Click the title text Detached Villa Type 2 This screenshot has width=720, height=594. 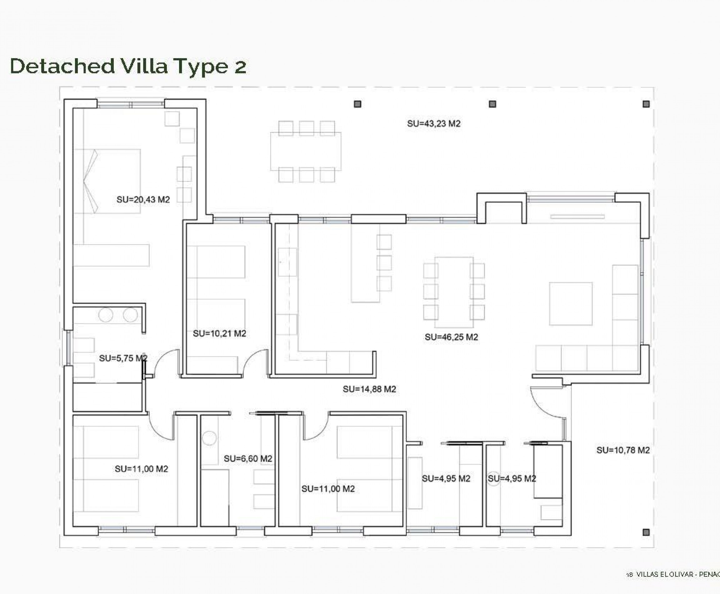[x=128, y=66]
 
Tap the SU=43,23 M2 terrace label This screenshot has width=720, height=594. [x=433, y=123]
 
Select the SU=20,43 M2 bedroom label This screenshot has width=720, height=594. [x=143, y=199]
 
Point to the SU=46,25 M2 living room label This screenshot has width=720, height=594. [x=451, y=337]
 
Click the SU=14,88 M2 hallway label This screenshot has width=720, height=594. [x=369, y=389]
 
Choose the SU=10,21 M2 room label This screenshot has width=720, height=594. [x=219, y=334]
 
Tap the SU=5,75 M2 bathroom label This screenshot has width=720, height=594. [x=123, y=358]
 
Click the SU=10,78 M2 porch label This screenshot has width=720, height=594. [x=622, y=450]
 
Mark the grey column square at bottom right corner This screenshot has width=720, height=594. [x=646, y=532]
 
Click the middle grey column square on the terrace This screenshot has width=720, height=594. [x=492, y=104]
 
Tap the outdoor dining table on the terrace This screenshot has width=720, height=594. [x=305, y=151]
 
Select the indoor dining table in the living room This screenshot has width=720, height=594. [x=453, y=292]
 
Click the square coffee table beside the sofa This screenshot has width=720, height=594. [x=571, y=304]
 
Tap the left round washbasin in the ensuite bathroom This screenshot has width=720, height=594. [x=106, y=315]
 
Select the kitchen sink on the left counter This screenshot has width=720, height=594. [x=287, y=262]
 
